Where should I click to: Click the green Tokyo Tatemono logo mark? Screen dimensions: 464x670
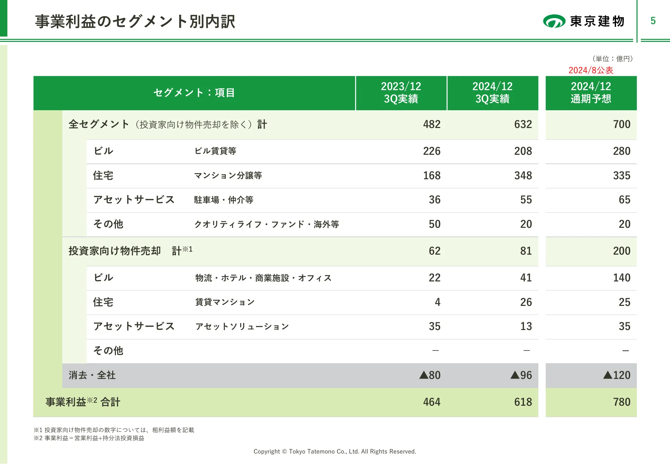tap(554, 21)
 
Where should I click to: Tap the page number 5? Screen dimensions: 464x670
tap(653, 21)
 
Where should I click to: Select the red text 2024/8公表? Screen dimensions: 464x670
tap(591, 70)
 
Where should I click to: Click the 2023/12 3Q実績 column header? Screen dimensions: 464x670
tap(401, 93)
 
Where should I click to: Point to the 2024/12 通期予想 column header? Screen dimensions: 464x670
tap(591, 93)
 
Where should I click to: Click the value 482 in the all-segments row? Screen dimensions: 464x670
tap(431, 124)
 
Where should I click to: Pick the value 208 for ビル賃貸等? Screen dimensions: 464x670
tap(523, 151)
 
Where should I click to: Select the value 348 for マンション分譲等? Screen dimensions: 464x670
tap(523, 176)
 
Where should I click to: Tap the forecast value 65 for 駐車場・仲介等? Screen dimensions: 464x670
tap(624, 200)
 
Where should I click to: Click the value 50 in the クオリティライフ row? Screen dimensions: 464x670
tap(434, 224)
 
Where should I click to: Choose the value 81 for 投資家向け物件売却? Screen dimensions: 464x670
tap(526, 251)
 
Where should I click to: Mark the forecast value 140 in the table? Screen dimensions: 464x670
tap(621, 278)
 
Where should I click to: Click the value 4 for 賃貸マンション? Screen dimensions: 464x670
tap(438, 302)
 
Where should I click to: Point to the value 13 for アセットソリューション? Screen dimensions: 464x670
tap(526, 326)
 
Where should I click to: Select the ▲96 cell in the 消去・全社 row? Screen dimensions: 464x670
tap(521, 375)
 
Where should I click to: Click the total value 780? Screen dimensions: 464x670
tap(621, 402)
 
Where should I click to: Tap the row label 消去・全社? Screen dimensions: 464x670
tap(92, 375)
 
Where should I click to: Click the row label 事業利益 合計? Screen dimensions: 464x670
tap(83, 402)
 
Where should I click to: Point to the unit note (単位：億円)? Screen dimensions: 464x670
tap(612, 59)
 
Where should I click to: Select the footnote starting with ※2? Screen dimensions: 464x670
tap(89, 438)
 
